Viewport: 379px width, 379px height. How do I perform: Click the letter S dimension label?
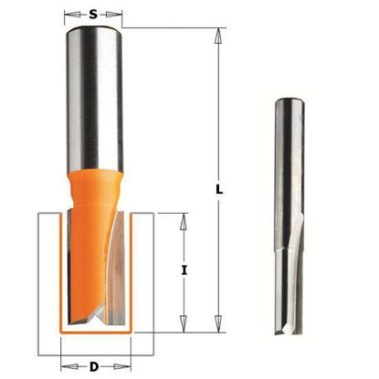[93, 14]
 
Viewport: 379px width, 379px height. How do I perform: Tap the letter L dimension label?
[219, 190]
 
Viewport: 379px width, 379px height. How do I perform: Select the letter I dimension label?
[184, 270]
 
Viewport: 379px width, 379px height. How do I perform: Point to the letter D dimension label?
[94, 367]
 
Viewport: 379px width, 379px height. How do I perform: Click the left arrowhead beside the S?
[71, 15]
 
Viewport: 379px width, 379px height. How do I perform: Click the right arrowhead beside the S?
[113, 15]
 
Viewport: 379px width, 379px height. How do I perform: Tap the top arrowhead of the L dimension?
[217, 36]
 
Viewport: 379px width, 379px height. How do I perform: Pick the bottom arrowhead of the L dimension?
[217, 323]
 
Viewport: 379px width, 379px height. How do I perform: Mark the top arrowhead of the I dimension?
[183, 222]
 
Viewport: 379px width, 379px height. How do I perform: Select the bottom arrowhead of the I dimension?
[183, 323]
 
